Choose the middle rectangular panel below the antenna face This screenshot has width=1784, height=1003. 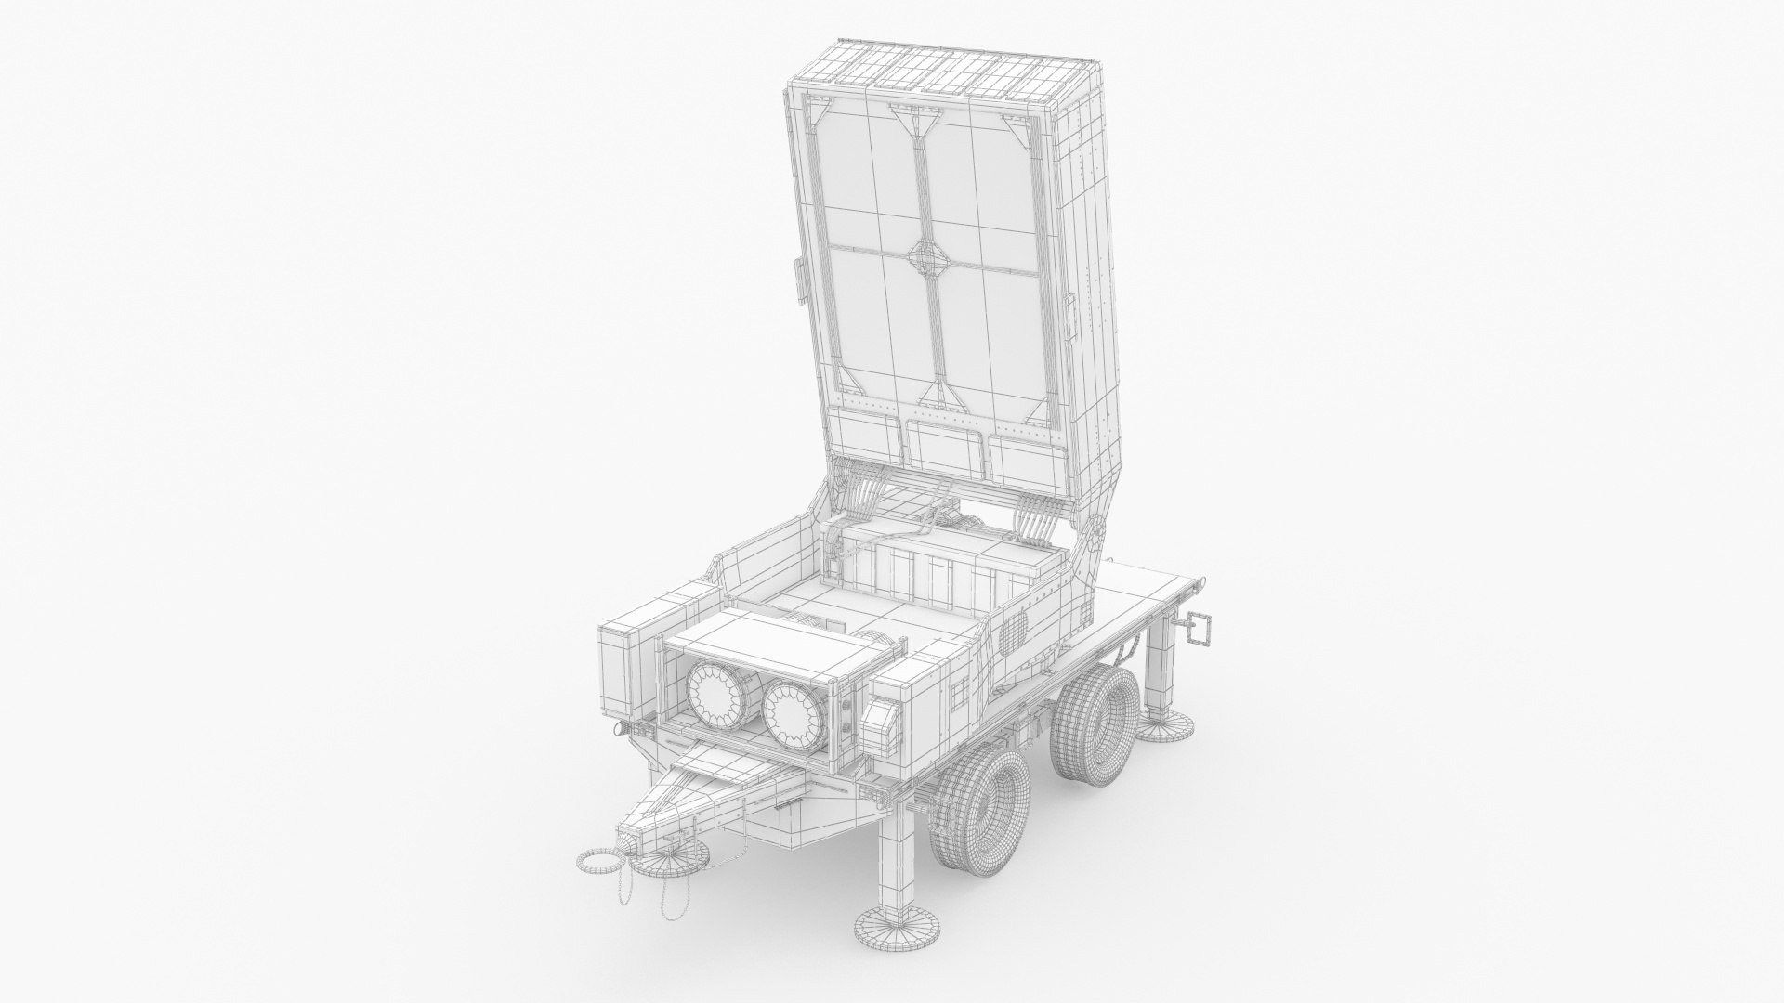946,447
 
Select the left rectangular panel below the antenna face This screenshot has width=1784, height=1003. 871,439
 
